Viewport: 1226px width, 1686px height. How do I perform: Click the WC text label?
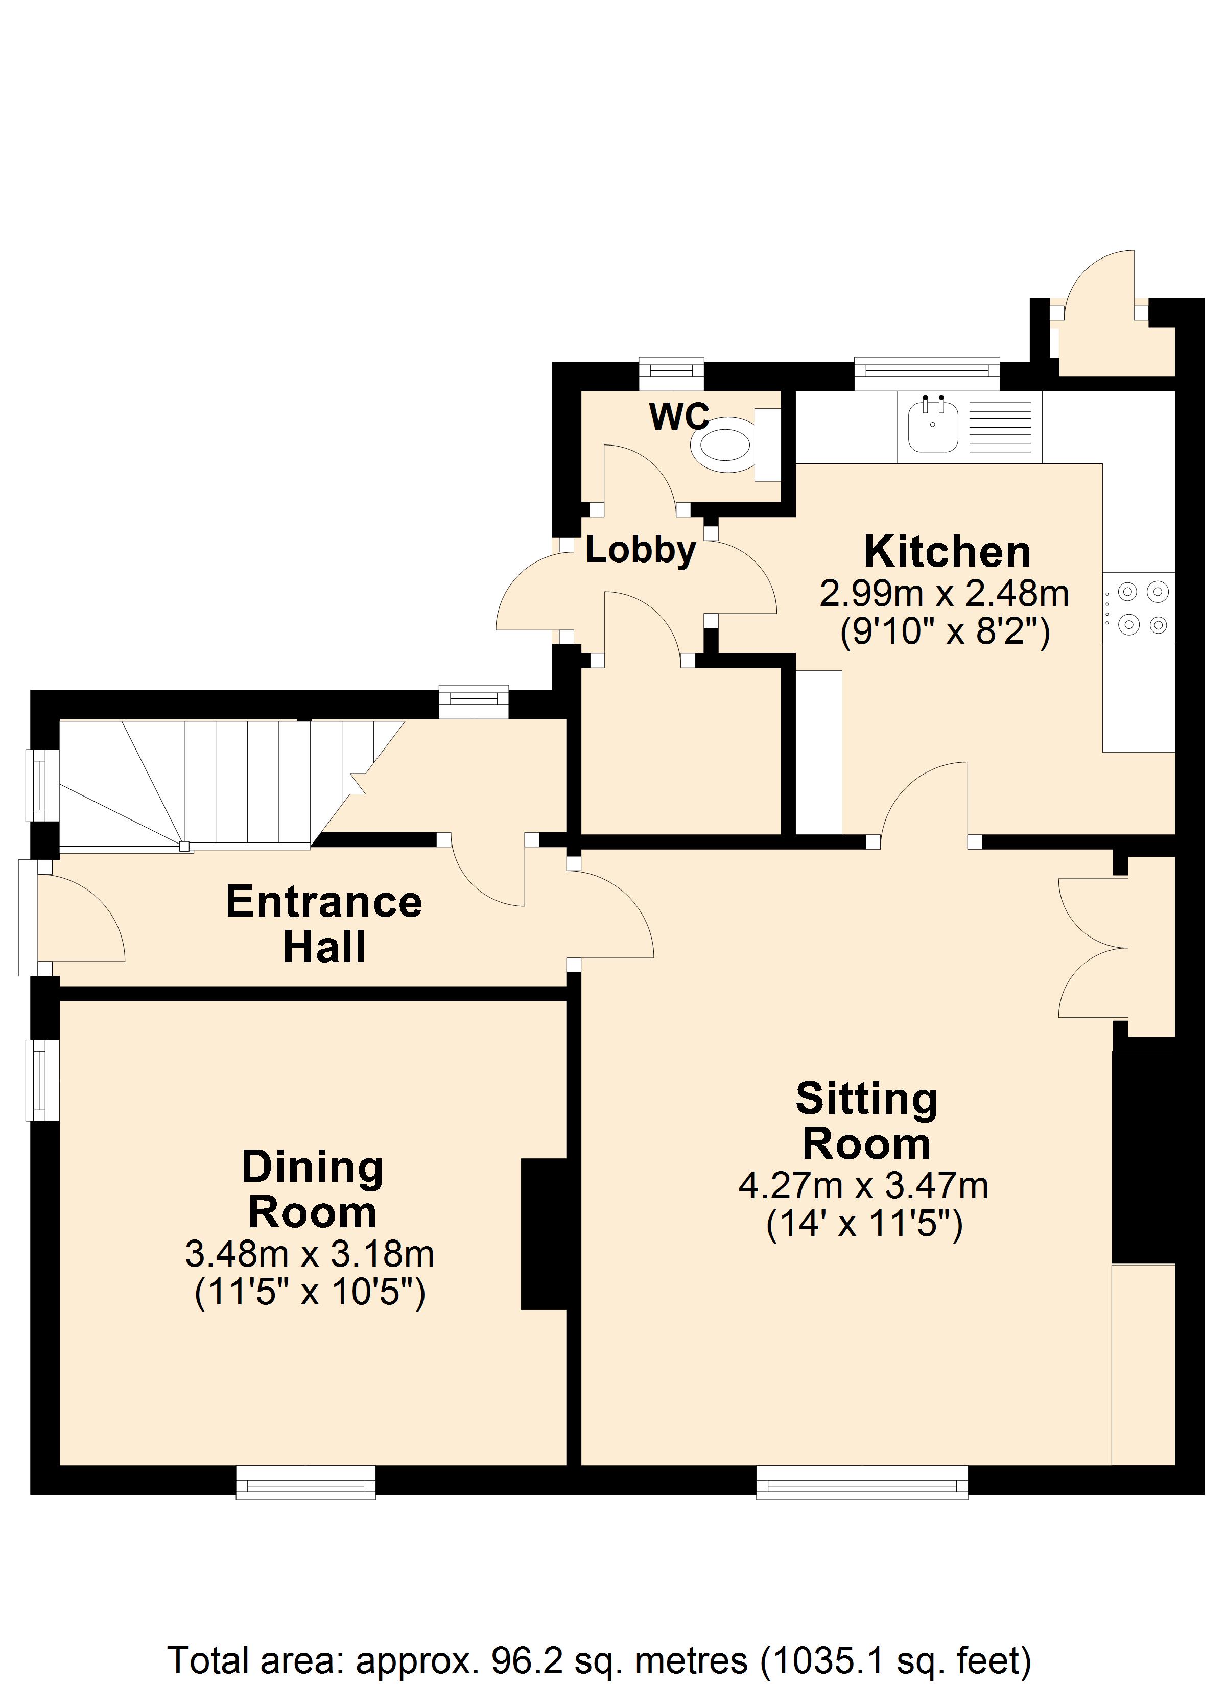click(x=679, y=417)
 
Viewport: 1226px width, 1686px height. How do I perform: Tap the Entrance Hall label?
click(x=324, y=924)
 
